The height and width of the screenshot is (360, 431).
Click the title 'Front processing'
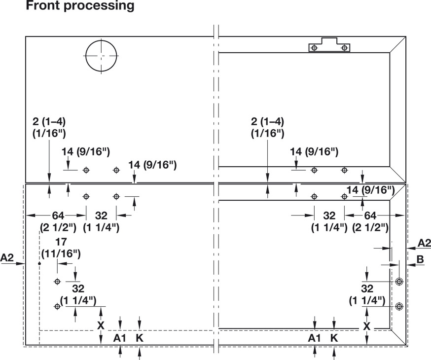pyautogui.click(x=80, y=5)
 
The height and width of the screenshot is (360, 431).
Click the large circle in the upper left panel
pyautogui.click(x=86, y=56)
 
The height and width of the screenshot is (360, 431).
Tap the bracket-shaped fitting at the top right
pyautogui.click(x=329, y=45)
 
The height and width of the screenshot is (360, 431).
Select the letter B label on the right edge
pyautogui.click(x=420, y=259)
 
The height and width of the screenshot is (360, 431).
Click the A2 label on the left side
pyautogui.click(x=7, y=257)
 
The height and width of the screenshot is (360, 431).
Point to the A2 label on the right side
pyautogui.click(x=424, y=243)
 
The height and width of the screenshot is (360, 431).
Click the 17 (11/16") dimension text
pyautogui.click(x=61, y=248)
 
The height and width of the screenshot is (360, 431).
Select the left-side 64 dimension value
pyautogui.click(x=58, y=216)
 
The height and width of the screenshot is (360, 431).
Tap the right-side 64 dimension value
pyautogui.click(x=370, y=216)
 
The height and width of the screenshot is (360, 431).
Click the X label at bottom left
pyautogui.click(x=101, y=325)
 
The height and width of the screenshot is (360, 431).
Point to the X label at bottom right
pyautogui.click(x=367, y=326)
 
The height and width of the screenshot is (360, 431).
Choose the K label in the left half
pyautogui.click(x=140, y=338)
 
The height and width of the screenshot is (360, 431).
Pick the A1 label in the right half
pyautogui.click(x=315, y=338)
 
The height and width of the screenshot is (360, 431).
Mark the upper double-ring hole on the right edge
pyautogui.click(x=399, y=282)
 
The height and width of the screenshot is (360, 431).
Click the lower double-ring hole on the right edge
pyautogui.click(x=399, y=306)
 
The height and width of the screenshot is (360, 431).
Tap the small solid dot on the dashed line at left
pyautogui.click(x=39, y=263)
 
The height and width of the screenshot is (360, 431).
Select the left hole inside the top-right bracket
pyautogui.click(x=314, y=48)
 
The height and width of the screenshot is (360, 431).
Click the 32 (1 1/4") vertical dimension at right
pyautogui.click(x=367, y=294)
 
